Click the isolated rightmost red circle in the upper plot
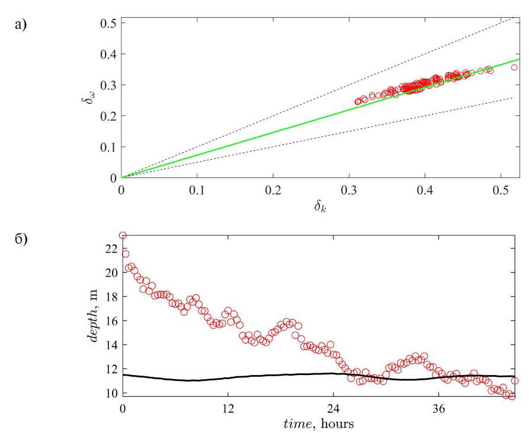pos(514,67)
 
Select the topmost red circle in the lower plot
pos(123,235)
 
